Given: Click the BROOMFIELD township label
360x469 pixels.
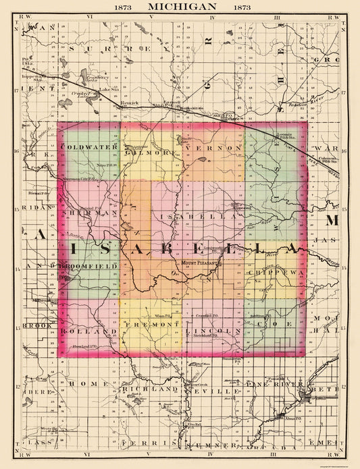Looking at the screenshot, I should [89, 267].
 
